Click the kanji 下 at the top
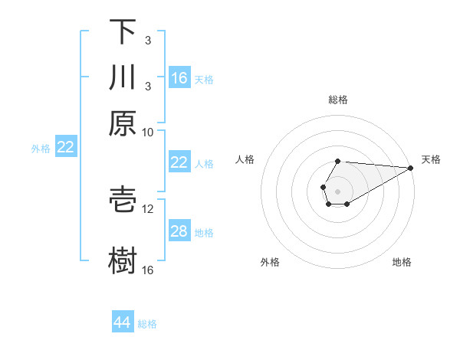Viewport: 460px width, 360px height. pyautogui.click(x=123, y=32)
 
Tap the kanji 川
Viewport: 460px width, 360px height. pyautogui.click(x=123, y=77)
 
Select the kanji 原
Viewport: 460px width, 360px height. pyautogui.click(x=123, y=123)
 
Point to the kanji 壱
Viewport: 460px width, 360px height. pyautogui.click(x=123, y=198)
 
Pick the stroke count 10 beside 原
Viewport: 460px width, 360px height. pyautogui.click(x=148, y=132)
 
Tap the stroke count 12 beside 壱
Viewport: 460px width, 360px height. pyautogui.click(x=148, y=208)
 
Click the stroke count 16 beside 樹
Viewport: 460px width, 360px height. pyautogui.click(x=148, y=270)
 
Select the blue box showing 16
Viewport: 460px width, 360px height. pyautogui.click(x=179, y=77)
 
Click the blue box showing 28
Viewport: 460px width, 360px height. pyautogui.click(x=179, y=231)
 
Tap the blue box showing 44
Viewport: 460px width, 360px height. pyautogui.click(x=123, y=322)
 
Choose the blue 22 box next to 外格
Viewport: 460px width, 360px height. pyautogui.click(x=66, y=147)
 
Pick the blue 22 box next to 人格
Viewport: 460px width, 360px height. pyautogui.click(x=179, y=162)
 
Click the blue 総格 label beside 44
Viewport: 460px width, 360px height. pyautogui.click(x=147, y=323)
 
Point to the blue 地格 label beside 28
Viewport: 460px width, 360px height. pyautogui.click(x=204, y=232)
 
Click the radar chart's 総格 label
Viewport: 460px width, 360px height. pyautogui.click(x=338, y=100)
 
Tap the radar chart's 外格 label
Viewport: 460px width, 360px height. pyautogui.click(x=270, y=262)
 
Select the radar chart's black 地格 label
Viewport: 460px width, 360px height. pyautogui.click(x=402, y=262)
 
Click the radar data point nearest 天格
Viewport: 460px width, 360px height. pyautogui.click(x=410, y=167)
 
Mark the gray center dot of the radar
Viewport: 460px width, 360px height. pyautogui.click(x=337, y=190)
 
